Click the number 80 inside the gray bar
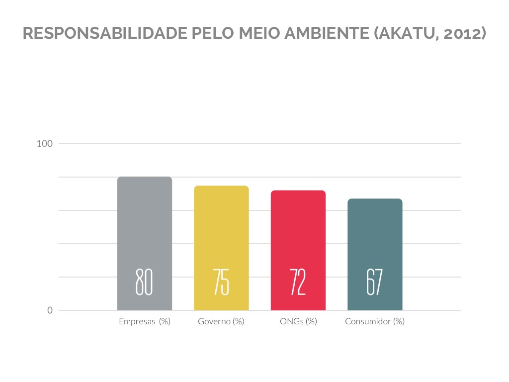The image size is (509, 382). [x=144, y=282]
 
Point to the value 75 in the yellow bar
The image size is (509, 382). [x=221, y=282]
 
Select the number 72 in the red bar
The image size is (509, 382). [x=298, y=282]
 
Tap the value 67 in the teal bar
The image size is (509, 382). [x=375, y=282]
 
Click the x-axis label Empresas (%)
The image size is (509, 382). [x=145, y=321]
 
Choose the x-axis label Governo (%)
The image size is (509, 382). [x=221, y=321]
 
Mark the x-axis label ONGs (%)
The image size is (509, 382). [x=298, y=321]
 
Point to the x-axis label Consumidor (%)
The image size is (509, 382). [x=375, y=321]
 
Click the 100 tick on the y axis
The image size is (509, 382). [x=45, y=144]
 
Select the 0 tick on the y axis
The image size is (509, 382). [x=50, y=310]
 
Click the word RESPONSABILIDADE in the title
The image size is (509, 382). [x=104, y=33]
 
